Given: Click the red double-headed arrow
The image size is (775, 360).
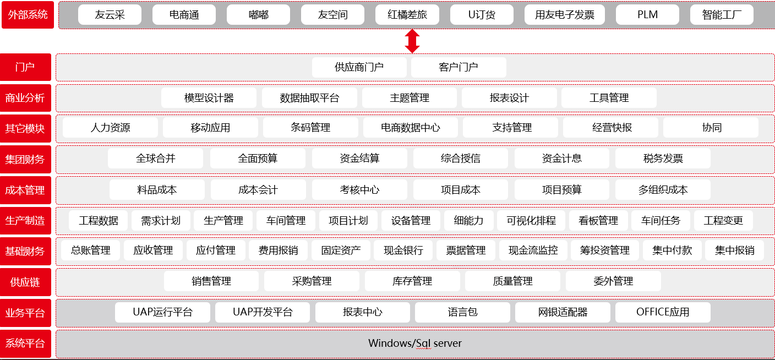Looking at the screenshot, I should [x=412, y=41].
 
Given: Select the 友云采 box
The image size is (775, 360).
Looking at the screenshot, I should [x=110, y=15].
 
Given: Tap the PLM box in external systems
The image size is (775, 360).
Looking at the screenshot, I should [x=647, y=15].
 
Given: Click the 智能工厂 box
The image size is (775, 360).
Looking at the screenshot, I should [x=721, y=15].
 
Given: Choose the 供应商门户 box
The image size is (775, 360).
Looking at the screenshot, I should [x=359, y=67].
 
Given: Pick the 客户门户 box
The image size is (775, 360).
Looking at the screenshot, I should [x=459, y=67].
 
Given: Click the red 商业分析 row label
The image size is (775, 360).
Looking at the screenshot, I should [x=25, y=98].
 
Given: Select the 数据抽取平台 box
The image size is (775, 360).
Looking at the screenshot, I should [x=309, y=98].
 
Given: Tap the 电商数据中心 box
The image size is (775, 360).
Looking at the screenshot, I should [x=411, y=128].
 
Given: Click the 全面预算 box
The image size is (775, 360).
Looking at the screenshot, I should [x=258, y=159].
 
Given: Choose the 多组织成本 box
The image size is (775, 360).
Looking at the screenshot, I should [x=663, y=190].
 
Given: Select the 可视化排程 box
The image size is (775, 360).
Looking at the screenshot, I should [x=531, y=221].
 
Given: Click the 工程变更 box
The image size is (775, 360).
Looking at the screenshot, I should [x=723, y=221].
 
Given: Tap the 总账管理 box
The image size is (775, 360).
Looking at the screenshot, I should [x=91, y=250].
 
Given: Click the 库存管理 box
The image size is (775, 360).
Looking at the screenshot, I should [x=412, y=281].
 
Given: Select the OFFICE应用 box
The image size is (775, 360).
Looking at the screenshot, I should [x=663, y=312].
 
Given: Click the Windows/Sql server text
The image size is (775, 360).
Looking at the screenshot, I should [x=415, y=343].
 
